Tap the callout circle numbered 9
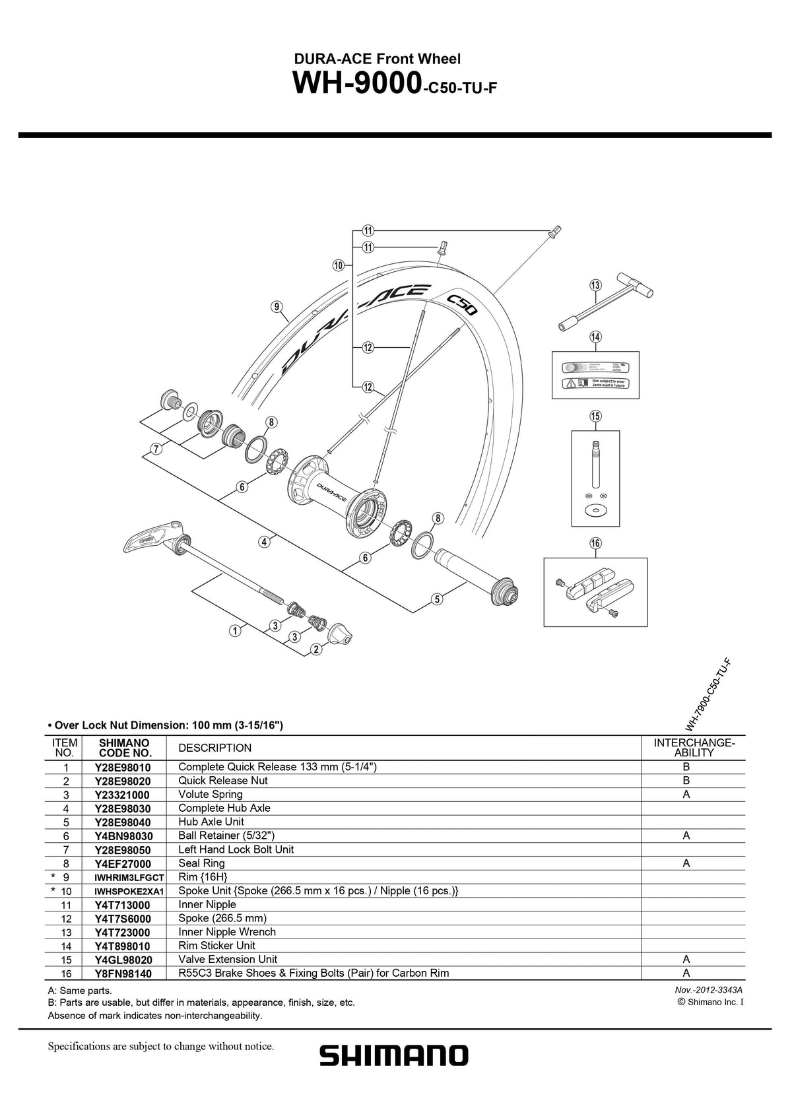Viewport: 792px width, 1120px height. [x=277, y=306]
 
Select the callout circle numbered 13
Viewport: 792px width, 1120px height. [x=595, y=285]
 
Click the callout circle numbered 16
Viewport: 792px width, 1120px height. [x=595, y=543]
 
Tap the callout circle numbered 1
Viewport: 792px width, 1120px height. [x=234, y=630]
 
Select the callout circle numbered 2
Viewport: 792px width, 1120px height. [x=316, y=649]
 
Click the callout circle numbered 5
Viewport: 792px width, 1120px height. [x=437, y=599]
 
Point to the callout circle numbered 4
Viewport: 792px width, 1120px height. [x=263, y=542]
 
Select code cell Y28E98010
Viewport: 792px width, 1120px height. [x=123, y=768]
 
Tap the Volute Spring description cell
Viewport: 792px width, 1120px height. [x=211, y=795]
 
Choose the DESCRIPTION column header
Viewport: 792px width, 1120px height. [x=214, y=748]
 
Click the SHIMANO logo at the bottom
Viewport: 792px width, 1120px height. [x=394, y=1055]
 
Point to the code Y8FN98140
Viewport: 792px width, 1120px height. [x=123, y=973]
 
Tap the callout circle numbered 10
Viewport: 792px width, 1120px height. [x=339, y=265]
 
